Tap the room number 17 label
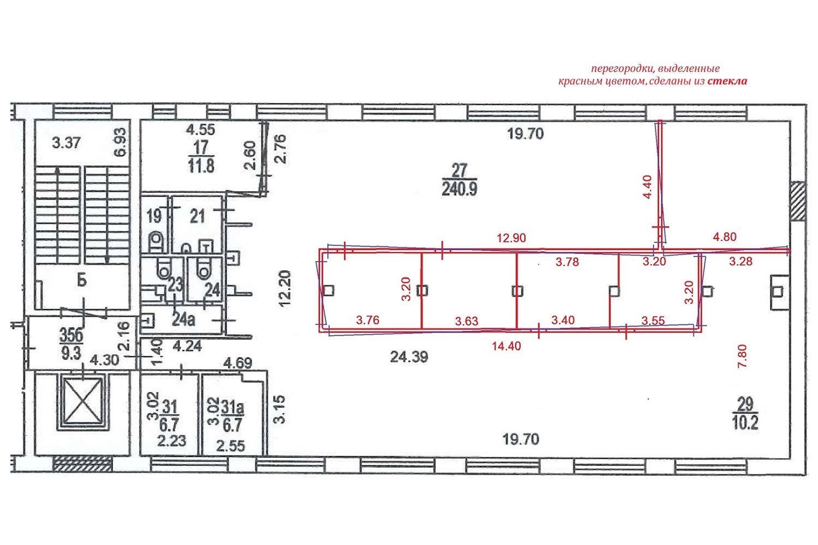pos(201,148)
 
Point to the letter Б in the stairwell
pos(82,281)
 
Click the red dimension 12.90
pos(512,238)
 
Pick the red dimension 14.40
pos(506,346)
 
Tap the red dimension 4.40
pos(647,187)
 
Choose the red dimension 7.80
pos(742,356)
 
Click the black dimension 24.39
pos(409,356)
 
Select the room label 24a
pos(183,320)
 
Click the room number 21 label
pos(197,217)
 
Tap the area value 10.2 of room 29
pos(745,423)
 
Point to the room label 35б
pos(71,336)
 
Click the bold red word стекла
pos(727,81)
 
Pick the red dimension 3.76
pos(368,320)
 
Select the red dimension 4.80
pos(725,237)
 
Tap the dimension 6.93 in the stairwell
pos(120,142)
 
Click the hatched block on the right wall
pos(798,201)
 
